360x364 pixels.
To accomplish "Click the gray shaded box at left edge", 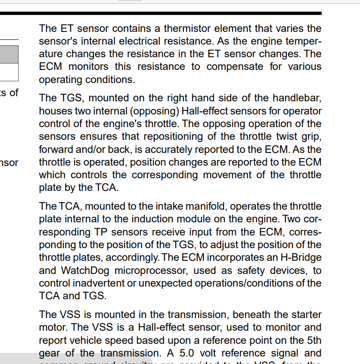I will click(x=9, y=54).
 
